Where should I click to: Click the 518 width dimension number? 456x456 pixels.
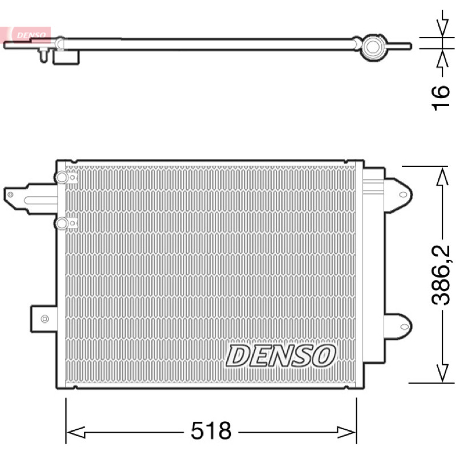pos(211,430)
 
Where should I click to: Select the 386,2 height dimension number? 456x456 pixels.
pos(441,275)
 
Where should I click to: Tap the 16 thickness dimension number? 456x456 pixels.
pos(441,97)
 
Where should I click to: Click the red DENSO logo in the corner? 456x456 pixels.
pos(26,35)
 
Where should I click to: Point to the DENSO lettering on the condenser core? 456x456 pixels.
pos(280,355)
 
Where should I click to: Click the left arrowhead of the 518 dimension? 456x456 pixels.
pos(76,432)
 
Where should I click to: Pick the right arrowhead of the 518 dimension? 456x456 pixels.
pos(347,432)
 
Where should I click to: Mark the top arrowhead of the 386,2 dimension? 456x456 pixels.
pos(443,177)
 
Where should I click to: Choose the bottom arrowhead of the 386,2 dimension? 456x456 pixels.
pos(443,373)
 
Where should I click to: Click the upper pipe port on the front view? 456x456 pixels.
pos(62,177)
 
